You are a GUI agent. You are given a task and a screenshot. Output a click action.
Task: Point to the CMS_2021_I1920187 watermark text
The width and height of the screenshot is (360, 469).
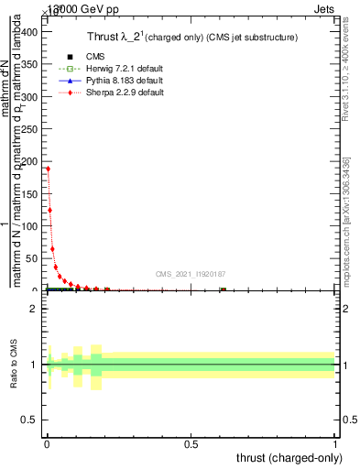pos(190,273)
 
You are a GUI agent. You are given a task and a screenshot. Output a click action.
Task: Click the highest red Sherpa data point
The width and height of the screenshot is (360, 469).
pos(48,169)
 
